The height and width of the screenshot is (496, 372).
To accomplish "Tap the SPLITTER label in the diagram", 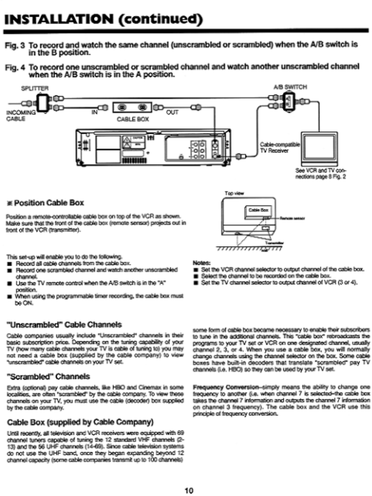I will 35,88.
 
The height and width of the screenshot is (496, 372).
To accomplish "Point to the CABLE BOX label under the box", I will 133,119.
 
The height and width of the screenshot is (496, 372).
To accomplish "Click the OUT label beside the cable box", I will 172,112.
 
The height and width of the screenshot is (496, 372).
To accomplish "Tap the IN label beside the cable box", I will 95,112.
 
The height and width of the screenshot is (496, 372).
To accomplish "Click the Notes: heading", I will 201,262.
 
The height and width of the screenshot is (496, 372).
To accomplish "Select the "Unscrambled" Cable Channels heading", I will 64,325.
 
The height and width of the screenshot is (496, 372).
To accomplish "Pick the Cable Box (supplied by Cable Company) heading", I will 80,422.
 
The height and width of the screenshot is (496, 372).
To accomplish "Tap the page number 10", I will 189,491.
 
